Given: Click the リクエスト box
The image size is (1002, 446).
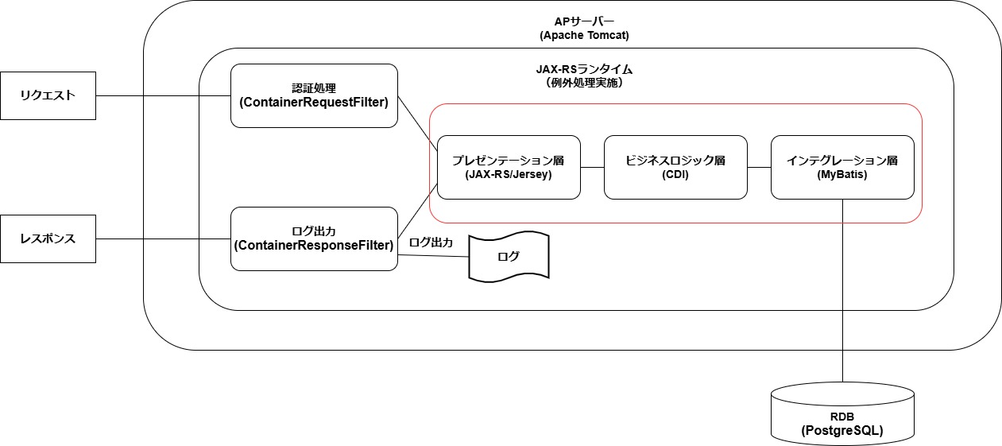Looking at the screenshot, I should click(x=48, y=95).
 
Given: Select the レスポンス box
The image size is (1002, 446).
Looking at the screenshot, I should click(x=48, y=239).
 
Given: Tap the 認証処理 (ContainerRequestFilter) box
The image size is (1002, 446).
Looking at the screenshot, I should click(x=314, y=95).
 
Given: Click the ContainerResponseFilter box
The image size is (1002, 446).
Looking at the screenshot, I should click(x=314, y=239).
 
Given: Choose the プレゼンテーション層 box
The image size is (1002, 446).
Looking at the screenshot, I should click(x=509, y=167).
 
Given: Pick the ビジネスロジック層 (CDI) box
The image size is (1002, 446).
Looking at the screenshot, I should click(x=675, y=167).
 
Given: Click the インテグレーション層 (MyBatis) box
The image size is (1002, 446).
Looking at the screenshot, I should click(x=842, y=167).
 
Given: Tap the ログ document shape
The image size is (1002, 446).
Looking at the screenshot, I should click(x=509, y=257).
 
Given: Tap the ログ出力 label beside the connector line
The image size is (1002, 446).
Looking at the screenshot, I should click(x=431, y=243).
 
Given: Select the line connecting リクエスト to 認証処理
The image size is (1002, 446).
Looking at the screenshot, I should click(x=163, y=96).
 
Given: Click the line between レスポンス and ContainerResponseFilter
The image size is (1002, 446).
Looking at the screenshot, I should click(x=163, y=239).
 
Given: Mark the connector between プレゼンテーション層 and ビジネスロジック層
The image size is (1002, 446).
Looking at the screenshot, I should click(x=592, y=167).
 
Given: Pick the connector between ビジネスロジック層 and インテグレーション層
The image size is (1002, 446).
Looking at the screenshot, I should click(x=759, y=167).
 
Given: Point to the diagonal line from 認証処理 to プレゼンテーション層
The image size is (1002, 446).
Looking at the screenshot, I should click(x=417, y=122).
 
